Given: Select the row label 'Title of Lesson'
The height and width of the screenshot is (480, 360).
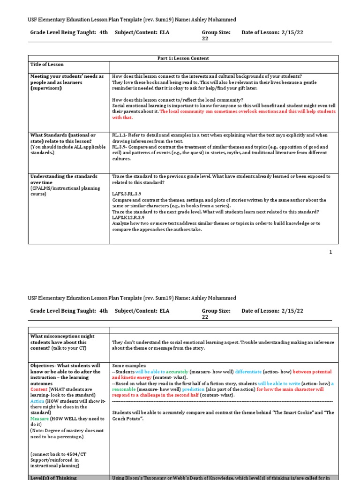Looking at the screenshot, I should [x=47, y=64].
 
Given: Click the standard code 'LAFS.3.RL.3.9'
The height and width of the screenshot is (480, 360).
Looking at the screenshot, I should [x=128, y=194].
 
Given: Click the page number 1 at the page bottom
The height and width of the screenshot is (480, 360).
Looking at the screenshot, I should [x=330, y=252].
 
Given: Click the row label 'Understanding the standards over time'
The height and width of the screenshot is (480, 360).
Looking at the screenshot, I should [x=64, y=179].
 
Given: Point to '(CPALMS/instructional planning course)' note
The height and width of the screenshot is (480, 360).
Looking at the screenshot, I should [x=65, y=191].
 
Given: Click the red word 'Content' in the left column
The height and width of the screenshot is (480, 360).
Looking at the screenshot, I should [x=38, y=390].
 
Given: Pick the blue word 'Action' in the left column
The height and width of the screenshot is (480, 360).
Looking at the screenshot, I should [x=37, y=401].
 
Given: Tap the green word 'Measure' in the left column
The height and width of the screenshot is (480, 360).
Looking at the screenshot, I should [x=39, y=419].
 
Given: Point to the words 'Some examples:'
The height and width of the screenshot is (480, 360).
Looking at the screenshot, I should [x=129, y=365].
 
